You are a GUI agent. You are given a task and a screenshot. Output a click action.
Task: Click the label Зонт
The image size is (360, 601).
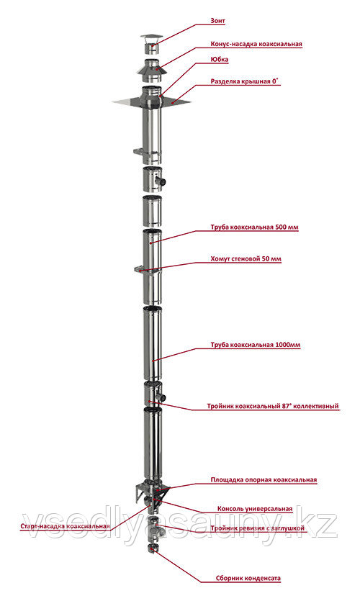[217, 21]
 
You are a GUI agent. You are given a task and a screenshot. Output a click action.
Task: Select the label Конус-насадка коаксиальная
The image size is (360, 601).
[256, 44]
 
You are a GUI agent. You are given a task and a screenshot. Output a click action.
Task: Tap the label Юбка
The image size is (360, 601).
[220, 60]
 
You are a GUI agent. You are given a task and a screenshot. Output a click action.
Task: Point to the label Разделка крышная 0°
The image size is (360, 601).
[245, 81]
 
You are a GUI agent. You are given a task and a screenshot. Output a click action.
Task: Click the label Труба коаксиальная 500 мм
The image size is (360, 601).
[254, 227]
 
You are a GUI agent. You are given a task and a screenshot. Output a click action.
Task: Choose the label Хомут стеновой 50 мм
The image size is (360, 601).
[246, 258]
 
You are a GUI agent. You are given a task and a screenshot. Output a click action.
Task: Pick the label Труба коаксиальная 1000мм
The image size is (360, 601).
[256, 345]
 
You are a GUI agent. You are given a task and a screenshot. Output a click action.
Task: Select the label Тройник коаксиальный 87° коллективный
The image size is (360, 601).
[273, 406]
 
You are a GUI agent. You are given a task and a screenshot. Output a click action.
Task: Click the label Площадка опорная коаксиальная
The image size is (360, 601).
[264, 479]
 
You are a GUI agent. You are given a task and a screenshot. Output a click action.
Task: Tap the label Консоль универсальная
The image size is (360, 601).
[255, 509]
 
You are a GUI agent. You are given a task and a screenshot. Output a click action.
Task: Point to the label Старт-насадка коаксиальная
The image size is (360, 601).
[66, 526]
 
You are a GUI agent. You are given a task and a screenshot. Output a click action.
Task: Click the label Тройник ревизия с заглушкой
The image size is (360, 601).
[257, 528]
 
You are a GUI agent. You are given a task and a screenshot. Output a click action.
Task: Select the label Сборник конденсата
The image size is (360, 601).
[248, 579]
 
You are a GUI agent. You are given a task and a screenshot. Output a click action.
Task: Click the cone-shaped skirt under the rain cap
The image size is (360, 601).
[152, 71]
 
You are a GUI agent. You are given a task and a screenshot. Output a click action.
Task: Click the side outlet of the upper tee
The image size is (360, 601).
[163, 181]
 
